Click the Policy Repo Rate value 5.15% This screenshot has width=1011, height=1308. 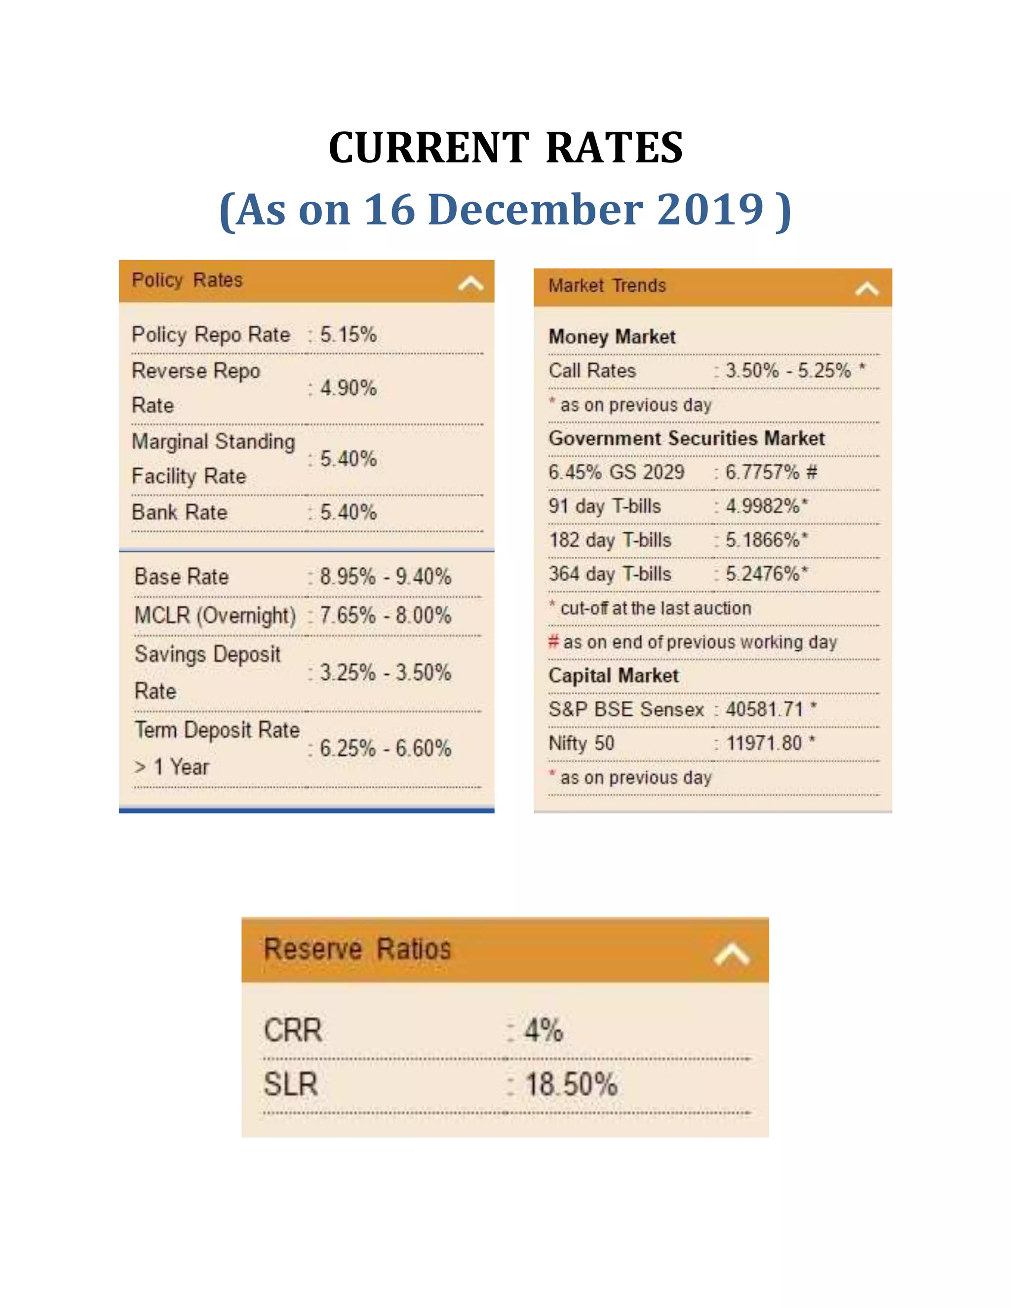tap(348, 334)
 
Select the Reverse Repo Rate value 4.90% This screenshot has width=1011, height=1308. tap(348, 388)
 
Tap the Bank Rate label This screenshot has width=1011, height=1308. tap(180, 513)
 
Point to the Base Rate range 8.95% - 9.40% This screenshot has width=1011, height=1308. tap(385, 577)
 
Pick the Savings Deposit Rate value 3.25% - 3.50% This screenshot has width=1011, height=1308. tap(385, 673)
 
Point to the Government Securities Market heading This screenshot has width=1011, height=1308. tap(686, 438)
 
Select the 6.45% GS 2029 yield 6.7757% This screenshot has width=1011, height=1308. tap(762, 472)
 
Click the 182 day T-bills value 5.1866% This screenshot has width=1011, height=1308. tap(762, 540)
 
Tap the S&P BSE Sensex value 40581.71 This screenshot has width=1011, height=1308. tap(764, 710)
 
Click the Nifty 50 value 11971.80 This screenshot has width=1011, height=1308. tap(764, 744)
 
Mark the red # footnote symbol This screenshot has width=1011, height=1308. tap(553, 642)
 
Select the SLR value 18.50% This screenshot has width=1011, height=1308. tap(571, 1084)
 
